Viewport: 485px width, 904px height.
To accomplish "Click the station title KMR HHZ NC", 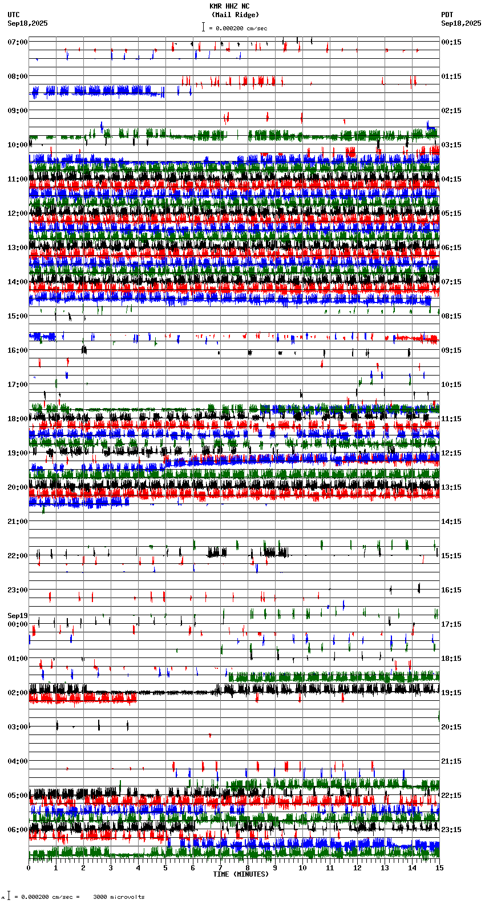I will point(229,6).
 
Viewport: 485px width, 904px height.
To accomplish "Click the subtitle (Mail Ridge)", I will point(235,15).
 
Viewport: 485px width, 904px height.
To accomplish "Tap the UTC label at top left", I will point(14,15).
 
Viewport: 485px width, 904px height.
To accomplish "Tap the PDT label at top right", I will point(447,15).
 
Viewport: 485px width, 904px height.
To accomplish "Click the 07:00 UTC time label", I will point(18,42).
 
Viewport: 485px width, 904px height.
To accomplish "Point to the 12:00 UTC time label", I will point(18,213).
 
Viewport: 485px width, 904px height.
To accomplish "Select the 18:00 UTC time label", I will point(18,419).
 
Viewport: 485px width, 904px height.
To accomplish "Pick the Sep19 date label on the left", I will point(18,616).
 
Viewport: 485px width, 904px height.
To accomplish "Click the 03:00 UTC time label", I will point(18,727).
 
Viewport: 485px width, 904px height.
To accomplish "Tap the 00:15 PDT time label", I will point(451,42).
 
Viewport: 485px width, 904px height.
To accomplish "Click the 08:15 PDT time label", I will point(451,316).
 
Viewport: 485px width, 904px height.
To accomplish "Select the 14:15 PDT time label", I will point(451,522).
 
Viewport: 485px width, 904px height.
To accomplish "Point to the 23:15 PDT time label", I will point(451,830).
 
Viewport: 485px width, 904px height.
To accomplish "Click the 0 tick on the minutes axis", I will point(29,868).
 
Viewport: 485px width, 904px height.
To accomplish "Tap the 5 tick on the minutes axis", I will point(165,868).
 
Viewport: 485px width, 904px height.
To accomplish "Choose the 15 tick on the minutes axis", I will point(439,868).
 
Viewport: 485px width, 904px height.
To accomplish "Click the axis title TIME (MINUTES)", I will point(241,874).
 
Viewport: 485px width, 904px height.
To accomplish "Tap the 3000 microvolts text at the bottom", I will point(119,897).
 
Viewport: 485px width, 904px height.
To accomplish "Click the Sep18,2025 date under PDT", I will point(461,23).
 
